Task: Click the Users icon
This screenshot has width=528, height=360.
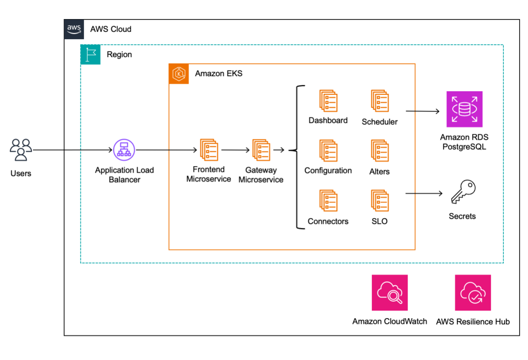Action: coord(21,150)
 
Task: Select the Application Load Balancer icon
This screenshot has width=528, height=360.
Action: coord(124,150)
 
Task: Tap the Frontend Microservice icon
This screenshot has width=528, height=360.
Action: coord(209,150)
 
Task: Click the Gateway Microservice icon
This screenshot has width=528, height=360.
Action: coord(261,150)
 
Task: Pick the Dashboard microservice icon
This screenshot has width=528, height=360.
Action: coord(328,101)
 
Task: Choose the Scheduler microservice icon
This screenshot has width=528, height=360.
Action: coord(379,101)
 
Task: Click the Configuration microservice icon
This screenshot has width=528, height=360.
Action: coord(328,151)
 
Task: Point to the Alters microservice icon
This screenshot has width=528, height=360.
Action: coord(379,151)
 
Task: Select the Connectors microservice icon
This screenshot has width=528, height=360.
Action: coord(328,201)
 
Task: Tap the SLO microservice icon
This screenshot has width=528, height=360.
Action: coord(379,201)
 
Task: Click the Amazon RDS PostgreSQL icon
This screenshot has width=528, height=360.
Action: coord(465,109)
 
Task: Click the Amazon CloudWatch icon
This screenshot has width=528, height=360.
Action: coord(389,292)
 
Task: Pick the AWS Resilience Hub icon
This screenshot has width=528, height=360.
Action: coord(472,292)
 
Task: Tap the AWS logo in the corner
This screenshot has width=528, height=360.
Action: coord(74,29)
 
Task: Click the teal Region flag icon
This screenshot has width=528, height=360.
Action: coord(91,54)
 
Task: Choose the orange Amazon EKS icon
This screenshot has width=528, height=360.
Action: coord(179,74)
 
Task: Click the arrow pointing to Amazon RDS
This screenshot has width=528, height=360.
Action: coord(422,111)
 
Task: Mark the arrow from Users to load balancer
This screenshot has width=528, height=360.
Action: coord(72,151)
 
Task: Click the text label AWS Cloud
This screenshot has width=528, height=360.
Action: coord(110,29)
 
